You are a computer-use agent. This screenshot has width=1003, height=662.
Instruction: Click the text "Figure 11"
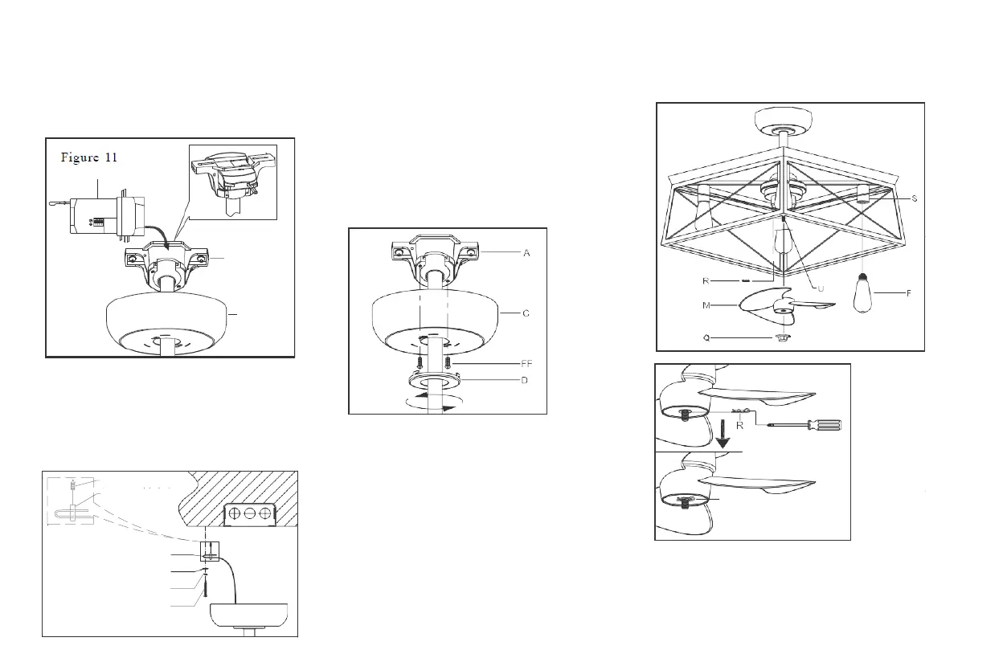(89, 157)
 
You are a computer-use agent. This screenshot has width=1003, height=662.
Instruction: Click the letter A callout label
(526, 253)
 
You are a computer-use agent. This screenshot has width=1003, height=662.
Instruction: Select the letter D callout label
(524, 379)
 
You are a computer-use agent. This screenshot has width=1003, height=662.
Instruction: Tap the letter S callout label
(914, 198)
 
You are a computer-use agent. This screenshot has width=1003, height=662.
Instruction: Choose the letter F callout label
(909, 293)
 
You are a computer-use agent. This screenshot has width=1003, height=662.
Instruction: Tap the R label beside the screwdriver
(739, 427)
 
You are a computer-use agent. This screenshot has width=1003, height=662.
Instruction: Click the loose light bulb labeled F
(864, 294)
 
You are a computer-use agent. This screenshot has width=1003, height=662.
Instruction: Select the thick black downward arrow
(723, 433)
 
